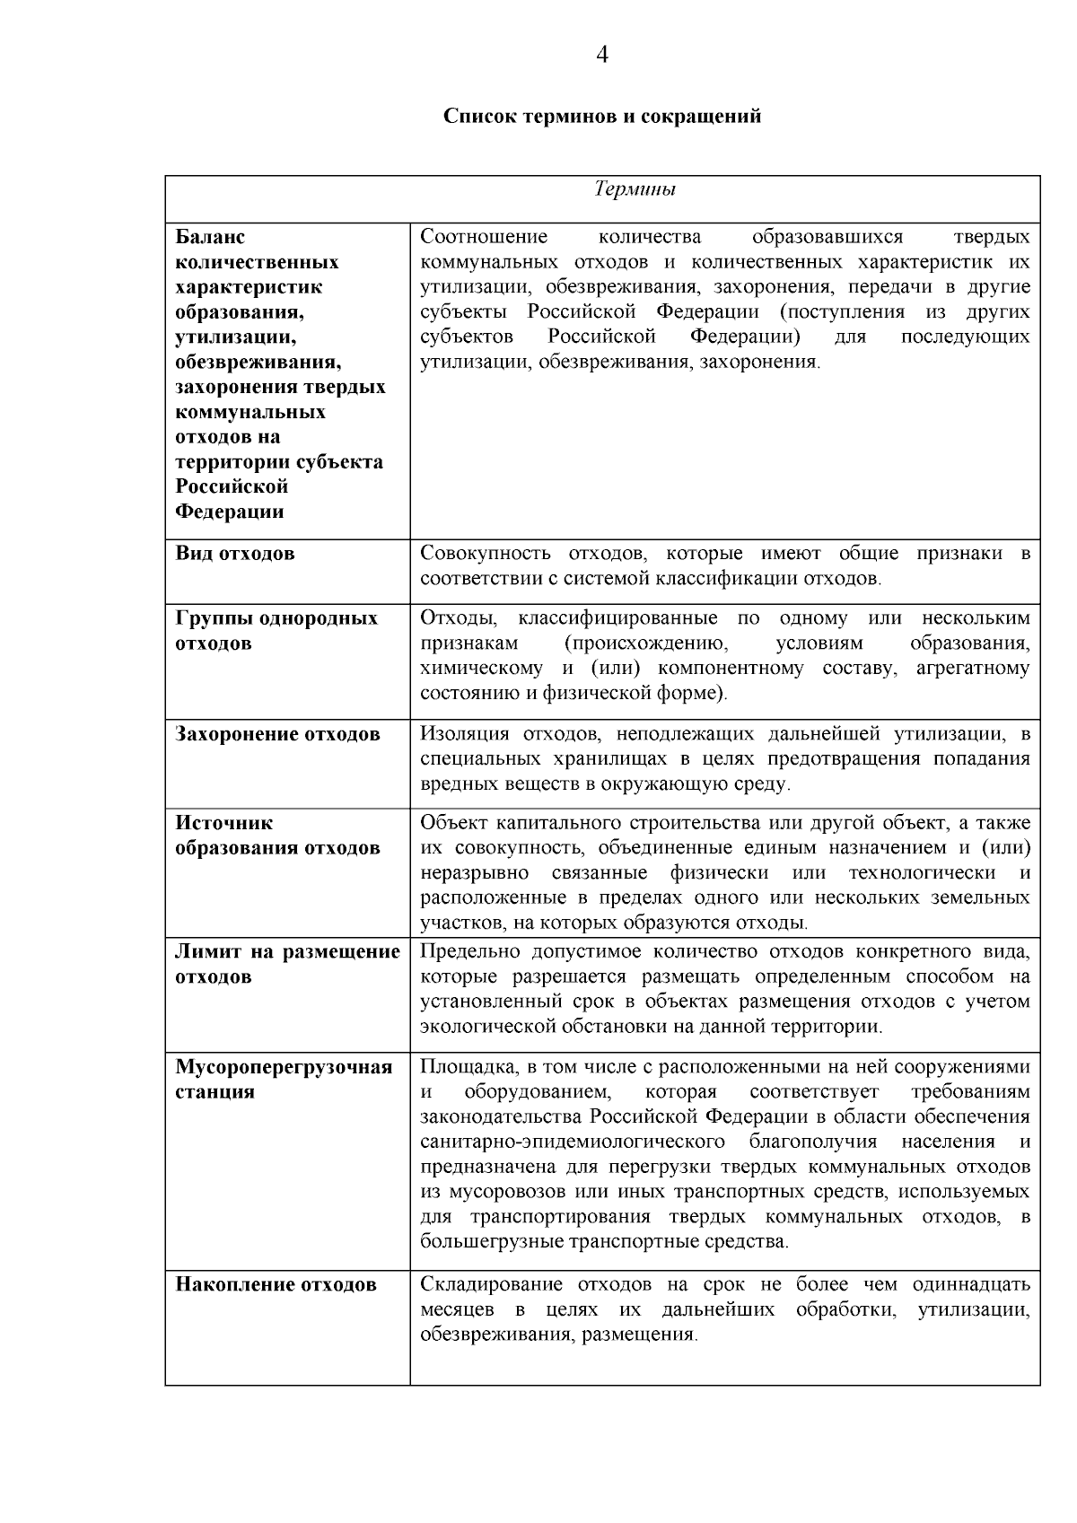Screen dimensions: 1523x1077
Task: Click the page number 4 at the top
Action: pos(602,56)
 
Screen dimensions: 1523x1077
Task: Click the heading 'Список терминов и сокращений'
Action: pos(602,117)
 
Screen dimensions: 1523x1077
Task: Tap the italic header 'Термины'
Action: pos(635,189)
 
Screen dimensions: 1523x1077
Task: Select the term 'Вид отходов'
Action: pos(235,554)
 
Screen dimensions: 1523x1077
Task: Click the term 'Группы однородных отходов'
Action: pos(276,631)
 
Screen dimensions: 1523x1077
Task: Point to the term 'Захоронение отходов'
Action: pos(278,734)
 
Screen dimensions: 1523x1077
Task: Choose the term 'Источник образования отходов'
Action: pos(277,836)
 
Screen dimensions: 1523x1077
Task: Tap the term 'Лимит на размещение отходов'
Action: pos(287,964)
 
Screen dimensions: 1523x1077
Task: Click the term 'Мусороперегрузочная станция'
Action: pos(284,1080)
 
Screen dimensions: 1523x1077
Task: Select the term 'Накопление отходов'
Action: pos(276,1285)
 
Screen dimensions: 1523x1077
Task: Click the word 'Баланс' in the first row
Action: pos(210,238)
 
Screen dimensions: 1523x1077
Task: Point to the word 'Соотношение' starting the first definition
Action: pos(484,238)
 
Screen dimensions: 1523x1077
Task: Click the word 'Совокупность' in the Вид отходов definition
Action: pos(480,554)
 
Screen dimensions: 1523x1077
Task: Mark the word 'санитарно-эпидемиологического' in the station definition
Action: pos(573,1142)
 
